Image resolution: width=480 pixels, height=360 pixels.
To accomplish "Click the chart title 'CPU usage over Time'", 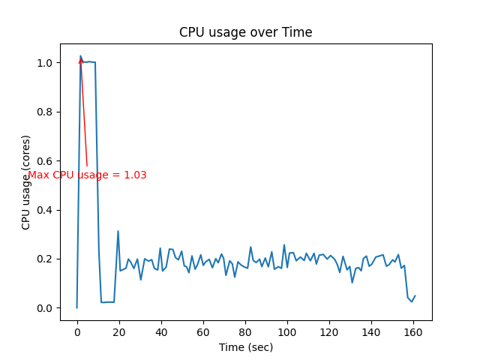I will coord(245,32).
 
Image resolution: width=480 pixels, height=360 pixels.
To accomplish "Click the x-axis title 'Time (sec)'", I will coord(245,347).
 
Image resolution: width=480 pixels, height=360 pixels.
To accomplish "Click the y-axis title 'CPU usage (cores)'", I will coord(26,182).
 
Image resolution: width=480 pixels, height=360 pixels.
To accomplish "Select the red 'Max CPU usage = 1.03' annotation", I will coord(87,175).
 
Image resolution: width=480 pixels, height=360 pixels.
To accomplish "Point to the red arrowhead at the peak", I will coord(80,60).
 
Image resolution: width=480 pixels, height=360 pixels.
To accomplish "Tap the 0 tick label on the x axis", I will coord(76,331).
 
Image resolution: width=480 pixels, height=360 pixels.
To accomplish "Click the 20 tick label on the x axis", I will coord(118,331).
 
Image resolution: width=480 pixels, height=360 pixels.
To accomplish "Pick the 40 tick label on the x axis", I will coord(160,331).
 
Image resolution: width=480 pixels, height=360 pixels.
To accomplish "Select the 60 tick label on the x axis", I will coord(202,331).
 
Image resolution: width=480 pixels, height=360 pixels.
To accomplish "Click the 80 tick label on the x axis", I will coord(244,331).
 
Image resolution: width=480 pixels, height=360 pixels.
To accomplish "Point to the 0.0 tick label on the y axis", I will coord(46,308).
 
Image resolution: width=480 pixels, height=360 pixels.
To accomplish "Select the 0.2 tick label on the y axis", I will coord(46,259).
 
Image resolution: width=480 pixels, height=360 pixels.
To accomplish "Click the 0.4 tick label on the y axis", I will coord(46,210).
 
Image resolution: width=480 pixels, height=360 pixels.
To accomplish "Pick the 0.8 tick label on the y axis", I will coord(46,112).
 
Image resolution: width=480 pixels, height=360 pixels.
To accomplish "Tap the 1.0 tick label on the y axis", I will coord(46,63).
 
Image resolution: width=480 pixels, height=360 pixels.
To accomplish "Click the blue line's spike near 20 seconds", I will coord(118,232).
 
